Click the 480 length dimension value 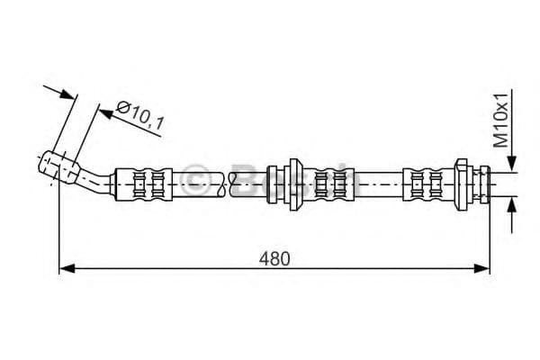tap(276, 258)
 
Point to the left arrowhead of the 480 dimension tap(66, 267)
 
